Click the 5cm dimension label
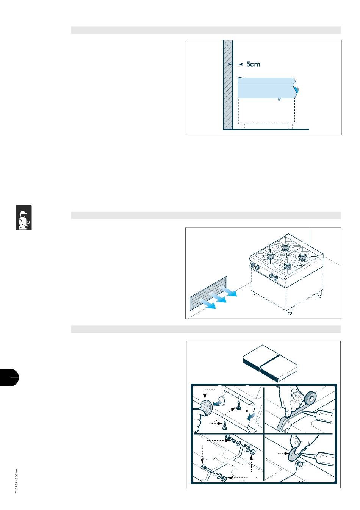click(x=253, y=64)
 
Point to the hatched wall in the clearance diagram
click(x=227, y=84)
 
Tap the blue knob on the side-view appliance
click(x=296, y=89)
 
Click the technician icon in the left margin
click(x=23, y=217)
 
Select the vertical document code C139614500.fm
click(x=16, y=481)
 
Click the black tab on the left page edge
click(x=9, y=377)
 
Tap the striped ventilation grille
click(x=208, y=293)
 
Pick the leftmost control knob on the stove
click(x=253, y=265)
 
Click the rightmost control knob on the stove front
click(x=276, y=278)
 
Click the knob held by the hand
click(x=206, y=408)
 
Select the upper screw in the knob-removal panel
click(x=238, y=405)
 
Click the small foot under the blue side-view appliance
click(x=280, y=99)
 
